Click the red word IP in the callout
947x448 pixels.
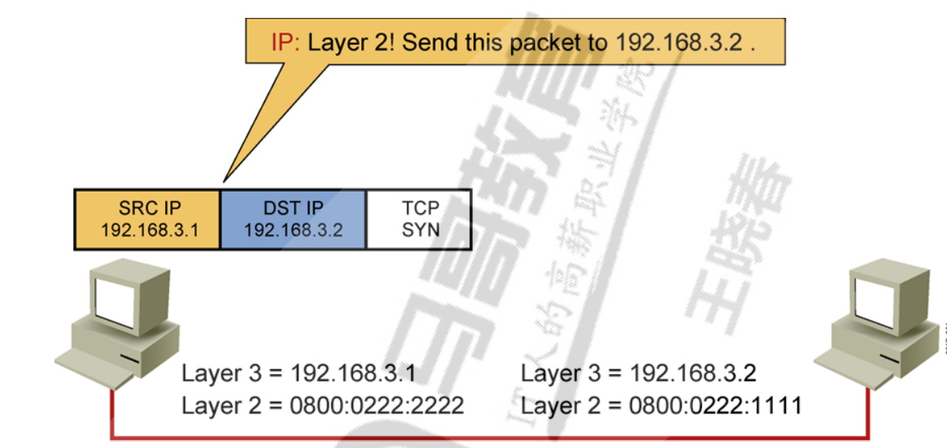click(x=285, y=41)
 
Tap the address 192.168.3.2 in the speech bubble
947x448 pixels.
click(x=679, y=42)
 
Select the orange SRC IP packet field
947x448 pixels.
click(x=147, y=219)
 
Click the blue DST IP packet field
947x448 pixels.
click(x=293, y=219)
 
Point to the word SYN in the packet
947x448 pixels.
click(x=420, y=230)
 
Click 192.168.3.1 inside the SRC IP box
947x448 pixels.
click(x=147, y=230)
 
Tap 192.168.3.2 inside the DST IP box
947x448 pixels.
click(x=293, y=230)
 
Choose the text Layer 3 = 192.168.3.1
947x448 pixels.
click(x=299, y=374)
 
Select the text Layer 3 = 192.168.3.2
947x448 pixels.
click(x=638, y=374)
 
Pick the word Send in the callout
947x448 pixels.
click(x=426, y=42)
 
